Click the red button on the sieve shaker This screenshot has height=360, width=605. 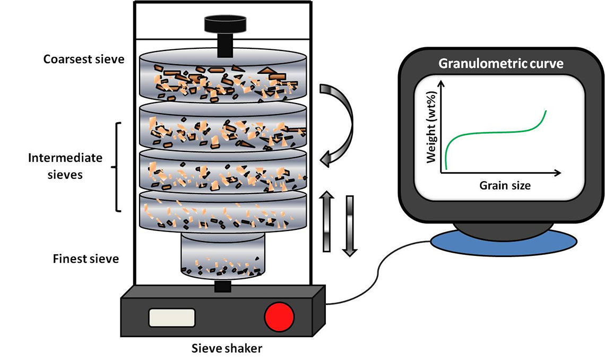(279, 317)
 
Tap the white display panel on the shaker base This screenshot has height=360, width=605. (172, 318)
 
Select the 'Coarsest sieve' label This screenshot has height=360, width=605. (84, 59)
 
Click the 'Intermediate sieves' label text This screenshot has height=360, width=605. (65, 166)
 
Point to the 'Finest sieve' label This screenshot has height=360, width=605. (85, 259)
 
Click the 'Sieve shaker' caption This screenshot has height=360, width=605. (227, 348)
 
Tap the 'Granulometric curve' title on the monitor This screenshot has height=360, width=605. (501, 63)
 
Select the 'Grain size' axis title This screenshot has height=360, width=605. (505, 185)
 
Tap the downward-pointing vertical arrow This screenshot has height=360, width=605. (350, 226)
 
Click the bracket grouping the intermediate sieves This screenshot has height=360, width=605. (116, 167)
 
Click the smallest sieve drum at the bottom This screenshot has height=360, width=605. (223, 256)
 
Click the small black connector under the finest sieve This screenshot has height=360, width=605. (223, 286)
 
